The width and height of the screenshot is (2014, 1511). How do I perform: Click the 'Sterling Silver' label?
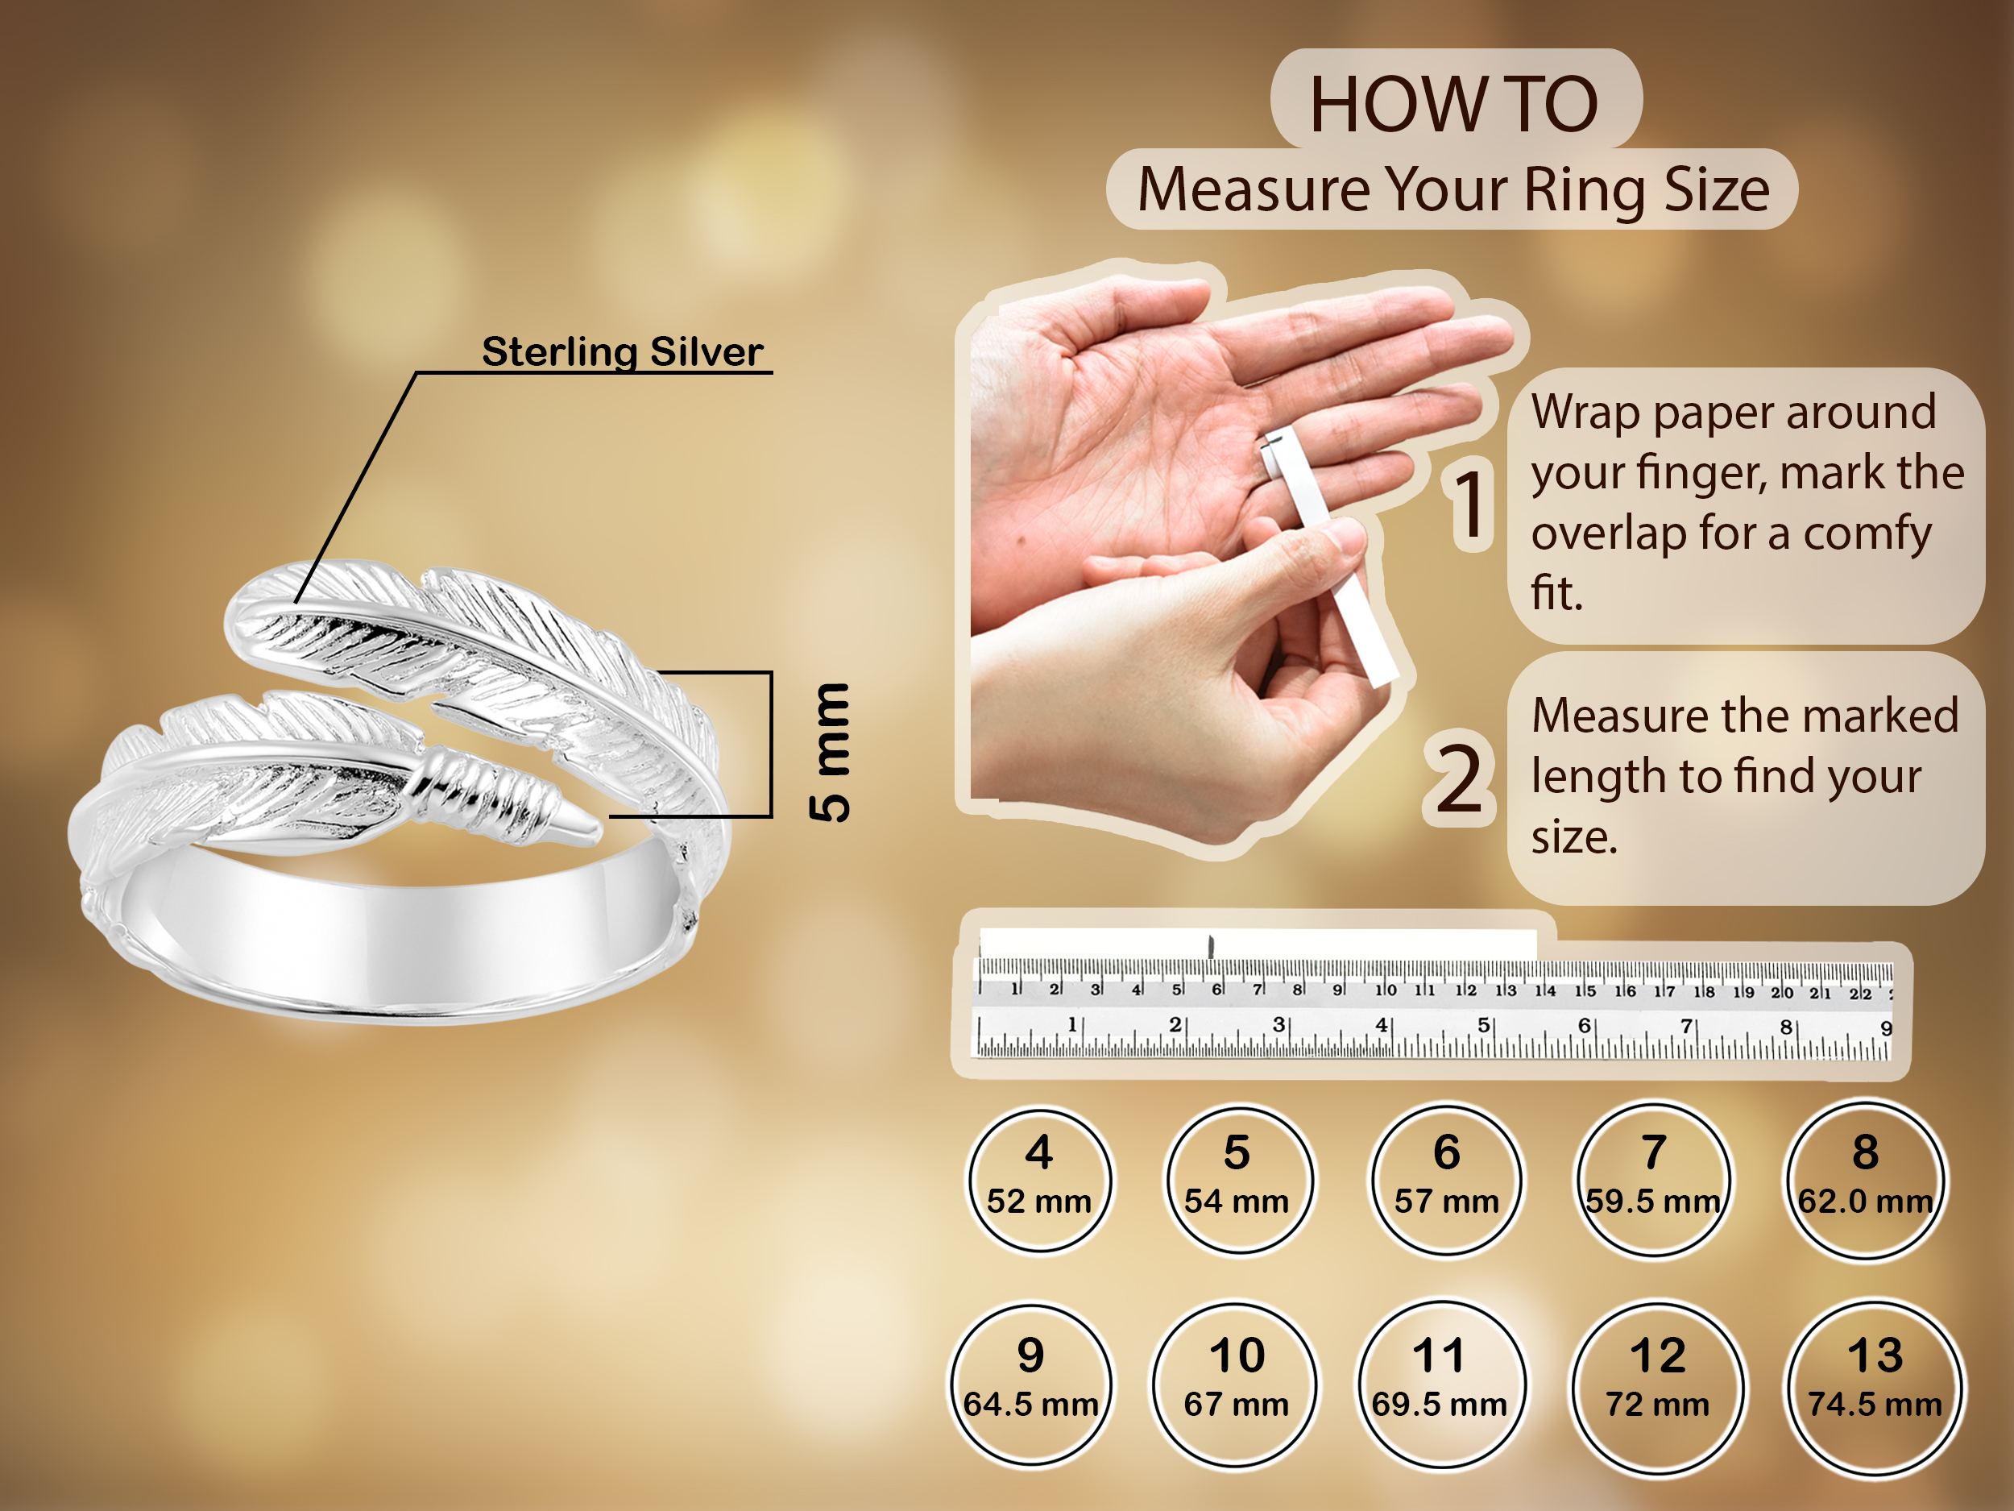[x=623, y=351]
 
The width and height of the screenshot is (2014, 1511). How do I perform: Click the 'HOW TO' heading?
[x=1454, y=104]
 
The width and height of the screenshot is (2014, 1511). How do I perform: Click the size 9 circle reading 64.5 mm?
[x=1030, y=1384]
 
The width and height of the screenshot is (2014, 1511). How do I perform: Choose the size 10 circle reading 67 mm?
[x=1237, y=1384]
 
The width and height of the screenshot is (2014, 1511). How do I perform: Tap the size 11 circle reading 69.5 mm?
[x=1440, y=1384]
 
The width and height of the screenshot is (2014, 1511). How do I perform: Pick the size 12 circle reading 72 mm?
[x=1658, y=1387]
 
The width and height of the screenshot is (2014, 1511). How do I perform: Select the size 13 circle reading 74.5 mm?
[x=1875, y=1387]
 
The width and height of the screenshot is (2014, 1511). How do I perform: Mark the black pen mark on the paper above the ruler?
[x=1211, y=946]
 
